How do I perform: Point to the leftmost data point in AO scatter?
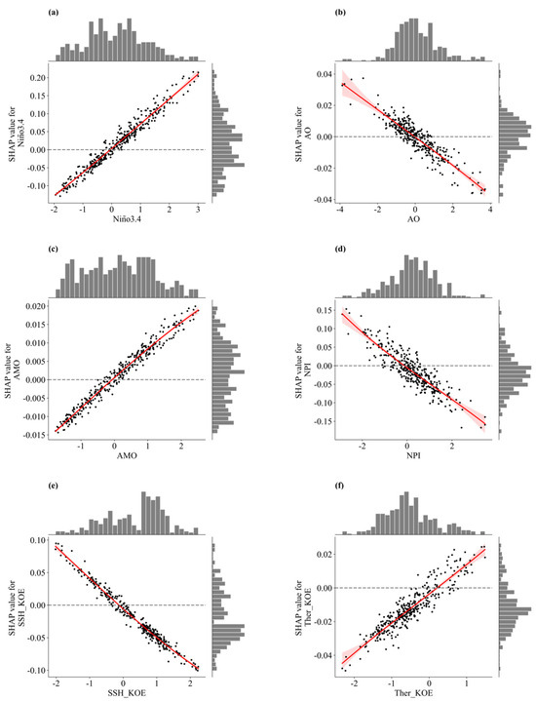click(343, 85)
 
